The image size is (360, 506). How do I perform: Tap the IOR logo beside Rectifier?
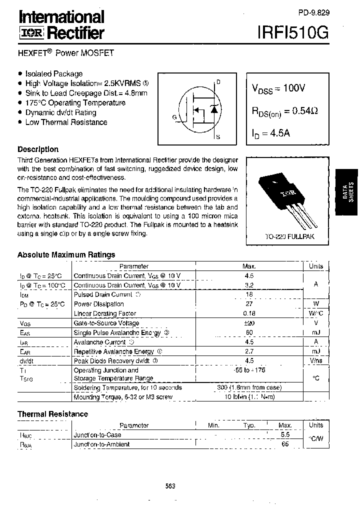(x=31, y=33)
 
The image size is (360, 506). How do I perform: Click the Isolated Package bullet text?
(x=53, y=73)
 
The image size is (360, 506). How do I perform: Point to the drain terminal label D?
(x=218, y=81)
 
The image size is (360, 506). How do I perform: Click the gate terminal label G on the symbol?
(x=174, y=117)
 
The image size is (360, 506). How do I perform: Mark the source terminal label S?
(x=218, y=136)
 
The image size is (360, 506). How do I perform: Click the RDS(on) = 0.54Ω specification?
(x=284, y=111)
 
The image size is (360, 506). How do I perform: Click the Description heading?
(x=38, y=149)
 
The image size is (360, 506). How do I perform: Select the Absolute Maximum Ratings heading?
(x=66, y=254)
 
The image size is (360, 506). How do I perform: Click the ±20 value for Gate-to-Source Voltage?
(x=249, y=323)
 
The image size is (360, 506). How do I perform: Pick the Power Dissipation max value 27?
(x=249, y=304)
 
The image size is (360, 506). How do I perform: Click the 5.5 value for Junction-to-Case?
(x=285, y=435)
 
